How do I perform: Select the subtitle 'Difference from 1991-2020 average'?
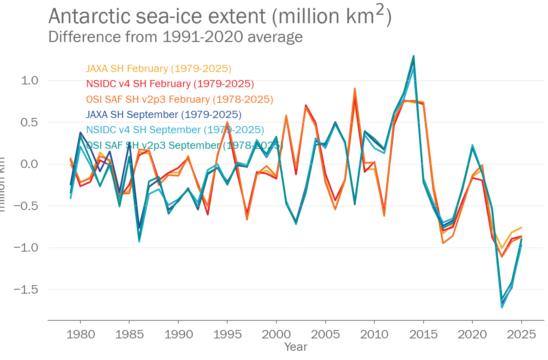[x=175, y=37]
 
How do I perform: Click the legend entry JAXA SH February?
[x=158, y=69]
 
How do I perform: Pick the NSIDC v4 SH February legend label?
[x=170, y=84]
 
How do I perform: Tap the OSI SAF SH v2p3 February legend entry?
[x=180, y=100]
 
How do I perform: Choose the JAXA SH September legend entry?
[x=164, y=115]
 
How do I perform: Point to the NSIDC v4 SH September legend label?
[x=175, y=130]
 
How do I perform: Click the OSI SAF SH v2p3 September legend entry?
[x=184, y=145]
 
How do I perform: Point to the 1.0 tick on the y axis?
[x=29, y=80]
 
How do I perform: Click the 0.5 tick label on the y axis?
[x=29, y=122]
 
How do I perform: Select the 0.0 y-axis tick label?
[x=29, y=164]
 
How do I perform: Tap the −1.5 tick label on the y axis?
[x=26, y=289]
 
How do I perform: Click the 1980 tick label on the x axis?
[x=80, y=334]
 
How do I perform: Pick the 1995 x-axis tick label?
[x=227, y=334]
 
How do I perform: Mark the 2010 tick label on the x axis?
[x=374, y=334]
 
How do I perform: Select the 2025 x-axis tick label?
[x=521, y=334]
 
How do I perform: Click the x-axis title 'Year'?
[x=296, y=347]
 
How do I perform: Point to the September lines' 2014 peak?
[x=414, y=56]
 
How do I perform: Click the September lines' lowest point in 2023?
[x=502, y=307]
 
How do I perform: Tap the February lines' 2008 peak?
[x=355, y=89]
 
